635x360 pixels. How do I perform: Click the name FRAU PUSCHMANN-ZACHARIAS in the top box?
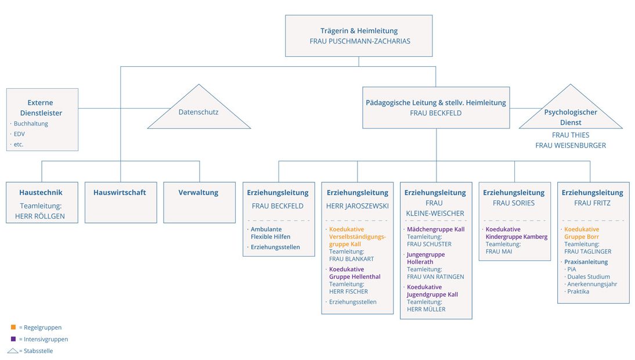[358, 42]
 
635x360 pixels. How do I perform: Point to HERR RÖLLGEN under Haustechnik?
[42, 216]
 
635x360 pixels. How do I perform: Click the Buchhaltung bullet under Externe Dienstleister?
[31, 124]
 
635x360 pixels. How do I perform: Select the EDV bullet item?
[19, 134]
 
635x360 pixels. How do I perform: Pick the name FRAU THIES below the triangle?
[570, 135]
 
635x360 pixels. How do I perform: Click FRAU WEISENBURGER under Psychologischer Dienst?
[570, 145]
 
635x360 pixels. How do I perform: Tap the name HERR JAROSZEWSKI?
[357, 206]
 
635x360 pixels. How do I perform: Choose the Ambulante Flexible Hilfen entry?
[270, 233]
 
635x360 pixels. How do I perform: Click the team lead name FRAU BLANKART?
[351, 259]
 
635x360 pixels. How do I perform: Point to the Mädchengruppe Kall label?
[435, 229]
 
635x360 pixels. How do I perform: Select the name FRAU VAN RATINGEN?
[435, 276]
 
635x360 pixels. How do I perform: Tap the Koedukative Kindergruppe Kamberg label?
[516, 233]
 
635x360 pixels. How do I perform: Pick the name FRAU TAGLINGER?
[587, 251]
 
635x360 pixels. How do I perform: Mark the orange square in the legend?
[13, 327]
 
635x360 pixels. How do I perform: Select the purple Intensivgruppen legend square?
[13, 339]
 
